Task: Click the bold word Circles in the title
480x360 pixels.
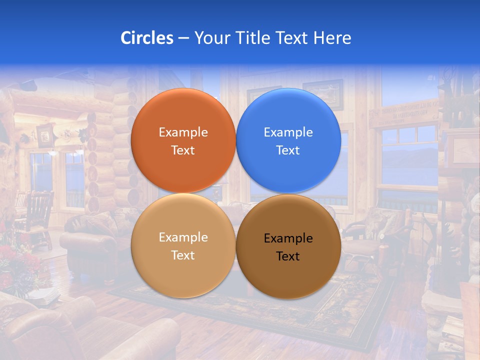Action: pyautogui.click(x=146, y=38)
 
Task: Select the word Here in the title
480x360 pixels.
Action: pyautogui.click(x=332, y=38)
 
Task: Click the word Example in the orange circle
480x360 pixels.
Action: pyautogui.click(x=183, y=132)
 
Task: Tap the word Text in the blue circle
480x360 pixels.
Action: pyautogui.click(x=288, y=150)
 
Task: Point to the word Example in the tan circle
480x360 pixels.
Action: pyautogui.click(x=183, y=237)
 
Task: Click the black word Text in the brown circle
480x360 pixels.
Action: pyautogui.click(x=288, y=256)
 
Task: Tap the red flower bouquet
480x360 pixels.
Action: pyautogui.click(x=17, y=265)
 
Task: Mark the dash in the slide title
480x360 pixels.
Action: pyautogui.click(x=183, y=38)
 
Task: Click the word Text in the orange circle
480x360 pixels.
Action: pyautogui.click(x=183, y=150)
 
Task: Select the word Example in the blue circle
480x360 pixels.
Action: pyautogui.click(x=288, y=132)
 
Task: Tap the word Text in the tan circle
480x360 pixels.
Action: pyautogui.click(x=183, y=255)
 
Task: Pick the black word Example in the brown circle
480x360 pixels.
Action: pyautogui.click(x=288, y=238)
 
